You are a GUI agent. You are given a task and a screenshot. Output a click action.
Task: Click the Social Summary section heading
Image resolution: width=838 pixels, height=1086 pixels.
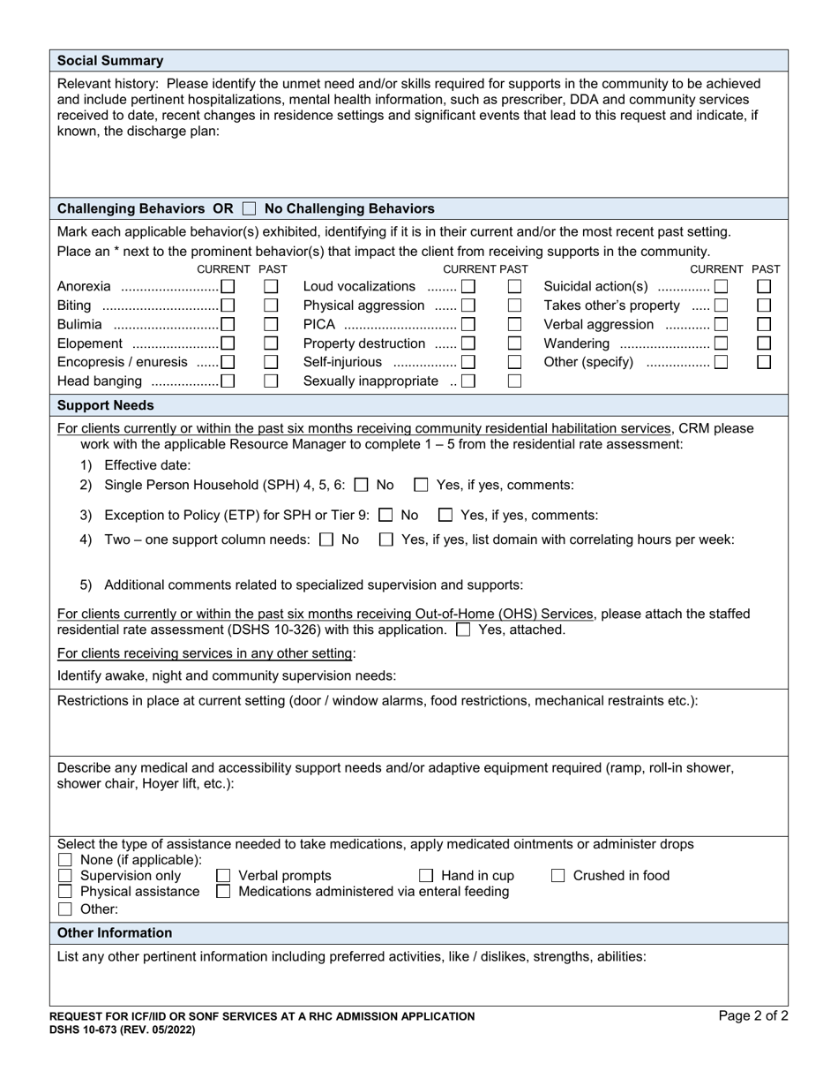(x=110, y=61)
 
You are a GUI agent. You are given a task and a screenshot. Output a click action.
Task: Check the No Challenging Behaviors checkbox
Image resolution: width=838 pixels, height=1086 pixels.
(x=249, y=209)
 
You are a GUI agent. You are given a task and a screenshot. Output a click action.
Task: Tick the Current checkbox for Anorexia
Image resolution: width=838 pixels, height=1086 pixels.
(x=228, y=286)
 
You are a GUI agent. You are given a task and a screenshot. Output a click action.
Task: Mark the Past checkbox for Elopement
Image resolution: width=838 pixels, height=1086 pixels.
(x=272, y=343)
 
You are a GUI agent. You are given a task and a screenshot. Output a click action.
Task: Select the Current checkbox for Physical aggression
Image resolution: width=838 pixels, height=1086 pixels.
(x=468, y=305)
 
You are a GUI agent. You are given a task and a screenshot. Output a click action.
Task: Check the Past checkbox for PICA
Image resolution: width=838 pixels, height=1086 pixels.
(x=515, y=324)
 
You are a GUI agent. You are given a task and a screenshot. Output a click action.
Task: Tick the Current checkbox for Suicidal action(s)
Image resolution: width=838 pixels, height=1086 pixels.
(x=721, y=286)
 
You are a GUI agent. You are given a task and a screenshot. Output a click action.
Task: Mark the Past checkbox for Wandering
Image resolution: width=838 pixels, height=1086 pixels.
(x=765, y=343)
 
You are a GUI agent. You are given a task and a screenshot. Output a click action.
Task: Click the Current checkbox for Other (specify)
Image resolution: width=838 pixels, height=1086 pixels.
(x=721, y=362)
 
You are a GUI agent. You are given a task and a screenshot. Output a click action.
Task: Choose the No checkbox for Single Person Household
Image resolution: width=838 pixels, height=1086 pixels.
(x=361, y=485)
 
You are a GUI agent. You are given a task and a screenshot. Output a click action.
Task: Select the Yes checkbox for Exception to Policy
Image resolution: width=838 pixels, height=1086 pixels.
(x=445, y=515)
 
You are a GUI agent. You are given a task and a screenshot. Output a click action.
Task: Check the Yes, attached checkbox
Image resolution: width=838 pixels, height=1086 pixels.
(x=463, y=630)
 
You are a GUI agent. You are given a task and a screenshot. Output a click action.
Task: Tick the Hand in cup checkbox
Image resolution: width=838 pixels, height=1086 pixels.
(x=426, y=876)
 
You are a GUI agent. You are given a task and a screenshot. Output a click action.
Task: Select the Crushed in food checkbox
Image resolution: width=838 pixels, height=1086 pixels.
(x=558, y=876)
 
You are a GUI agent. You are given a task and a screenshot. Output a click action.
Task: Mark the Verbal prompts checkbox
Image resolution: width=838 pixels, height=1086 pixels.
(x=223, y=876)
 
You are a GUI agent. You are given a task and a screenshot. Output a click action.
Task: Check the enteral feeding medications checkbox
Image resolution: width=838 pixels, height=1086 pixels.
(x=223, y=892)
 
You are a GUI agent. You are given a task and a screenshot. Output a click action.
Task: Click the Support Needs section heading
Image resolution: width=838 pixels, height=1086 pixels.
(x=105, y=405)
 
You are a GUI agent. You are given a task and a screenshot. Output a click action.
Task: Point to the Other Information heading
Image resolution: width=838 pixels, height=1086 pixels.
(x=115, y=932)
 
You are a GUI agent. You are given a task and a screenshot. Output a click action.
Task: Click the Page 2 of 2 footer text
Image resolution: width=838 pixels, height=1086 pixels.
(x=752, y=1016)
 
